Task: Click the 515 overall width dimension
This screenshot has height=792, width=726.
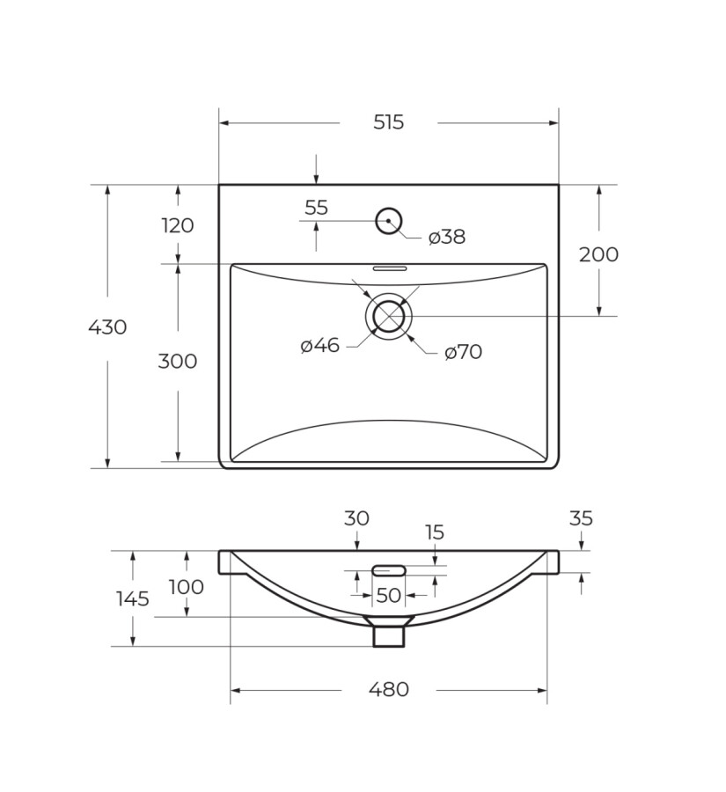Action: tap(388, 122)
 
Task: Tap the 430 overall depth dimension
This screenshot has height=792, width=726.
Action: tap(107, 327)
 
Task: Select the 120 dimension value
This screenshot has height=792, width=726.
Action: tap(177, 225)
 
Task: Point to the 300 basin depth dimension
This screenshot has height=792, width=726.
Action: tap(177, 361)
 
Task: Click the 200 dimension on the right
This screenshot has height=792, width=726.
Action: tap(598, 254)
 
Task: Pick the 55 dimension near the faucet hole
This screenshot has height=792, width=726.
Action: tap(316, 208)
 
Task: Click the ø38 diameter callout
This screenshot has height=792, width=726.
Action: tap(447, 237)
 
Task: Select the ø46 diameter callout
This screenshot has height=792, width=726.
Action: tap(319, 346)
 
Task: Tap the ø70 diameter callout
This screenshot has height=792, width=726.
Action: tap(463, 352)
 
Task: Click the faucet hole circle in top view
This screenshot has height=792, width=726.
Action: tap(388, 221)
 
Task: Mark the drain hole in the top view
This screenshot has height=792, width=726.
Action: tap(388, 317)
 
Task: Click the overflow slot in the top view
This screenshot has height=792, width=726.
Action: tap(389, 268)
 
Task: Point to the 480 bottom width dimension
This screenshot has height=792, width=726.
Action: tap(388, 690)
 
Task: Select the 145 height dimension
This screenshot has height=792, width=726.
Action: tap(132, 599)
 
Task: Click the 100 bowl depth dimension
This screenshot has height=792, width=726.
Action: tap(186, 587)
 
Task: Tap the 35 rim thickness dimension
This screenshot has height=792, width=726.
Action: tap(581, 518)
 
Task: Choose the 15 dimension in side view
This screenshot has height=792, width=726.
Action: tap(435, 532)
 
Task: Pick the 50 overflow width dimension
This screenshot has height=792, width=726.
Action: tap(388, 596)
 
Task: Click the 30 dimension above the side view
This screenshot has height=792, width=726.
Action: tap(356, 518)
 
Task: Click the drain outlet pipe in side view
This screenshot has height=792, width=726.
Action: tap(388, 634)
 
